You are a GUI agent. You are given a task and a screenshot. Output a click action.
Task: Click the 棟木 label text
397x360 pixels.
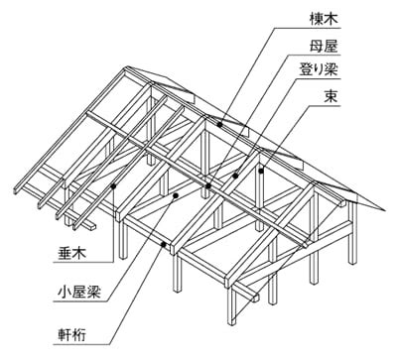point(325,20)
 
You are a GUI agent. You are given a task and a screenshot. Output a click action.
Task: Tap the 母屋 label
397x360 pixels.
point(325,47)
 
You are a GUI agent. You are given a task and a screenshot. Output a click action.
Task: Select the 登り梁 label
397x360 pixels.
point(318,70)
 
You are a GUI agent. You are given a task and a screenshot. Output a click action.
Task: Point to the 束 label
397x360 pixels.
point(331,96)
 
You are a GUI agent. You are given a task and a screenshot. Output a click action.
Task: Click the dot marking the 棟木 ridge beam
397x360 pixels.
point(219,124)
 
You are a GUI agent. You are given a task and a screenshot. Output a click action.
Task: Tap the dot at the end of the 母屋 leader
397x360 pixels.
point(208,185)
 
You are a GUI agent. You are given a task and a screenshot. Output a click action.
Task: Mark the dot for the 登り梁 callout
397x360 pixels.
point(235,176)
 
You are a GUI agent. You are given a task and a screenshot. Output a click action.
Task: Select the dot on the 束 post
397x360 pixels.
point(261,171)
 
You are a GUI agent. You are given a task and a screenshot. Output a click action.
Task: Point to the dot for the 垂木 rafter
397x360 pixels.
point(113,186)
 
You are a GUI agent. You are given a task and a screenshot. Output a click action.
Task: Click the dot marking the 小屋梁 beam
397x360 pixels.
point(176,195)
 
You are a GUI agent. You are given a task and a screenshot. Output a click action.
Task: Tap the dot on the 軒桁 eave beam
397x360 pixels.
point(163,244)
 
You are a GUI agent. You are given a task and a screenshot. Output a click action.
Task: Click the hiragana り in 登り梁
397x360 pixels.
point(319,70)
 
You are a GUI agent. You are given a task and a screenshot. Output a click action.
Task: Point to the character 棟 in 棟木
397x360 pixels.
point(317,20)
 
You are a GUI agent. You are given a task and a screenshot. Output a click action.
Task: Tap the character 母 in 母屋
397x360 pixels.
point(317,47)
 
